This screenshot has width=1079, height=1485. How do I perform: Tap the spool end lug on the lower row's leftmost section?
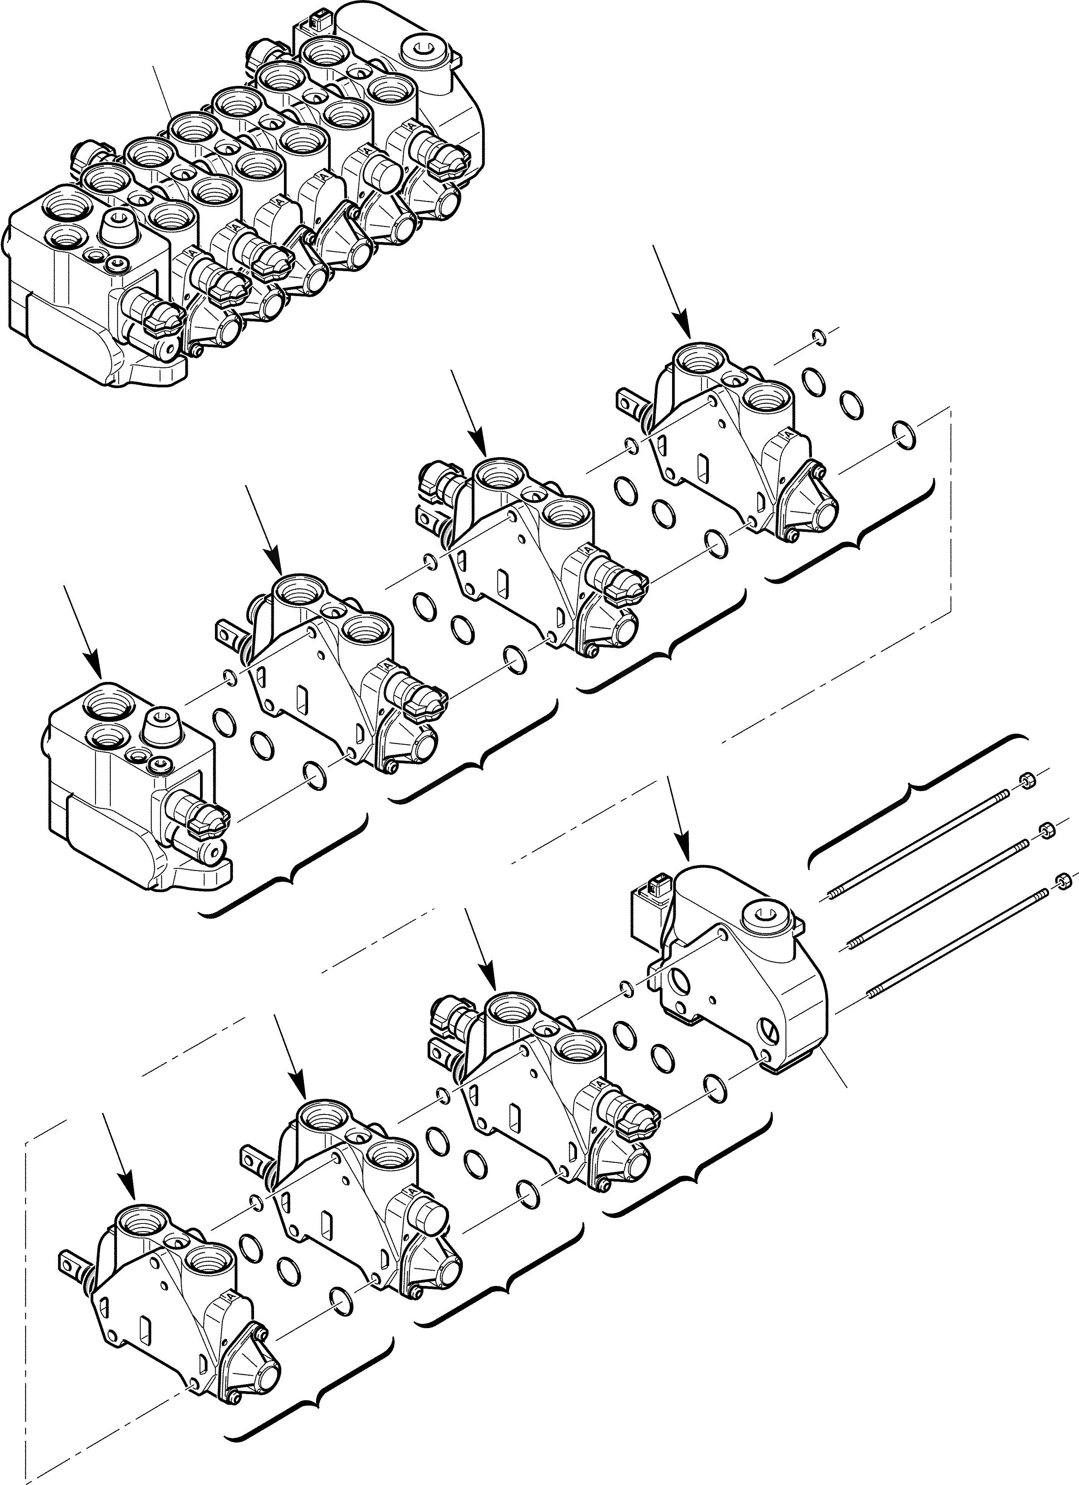[x=70, y=1259]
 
